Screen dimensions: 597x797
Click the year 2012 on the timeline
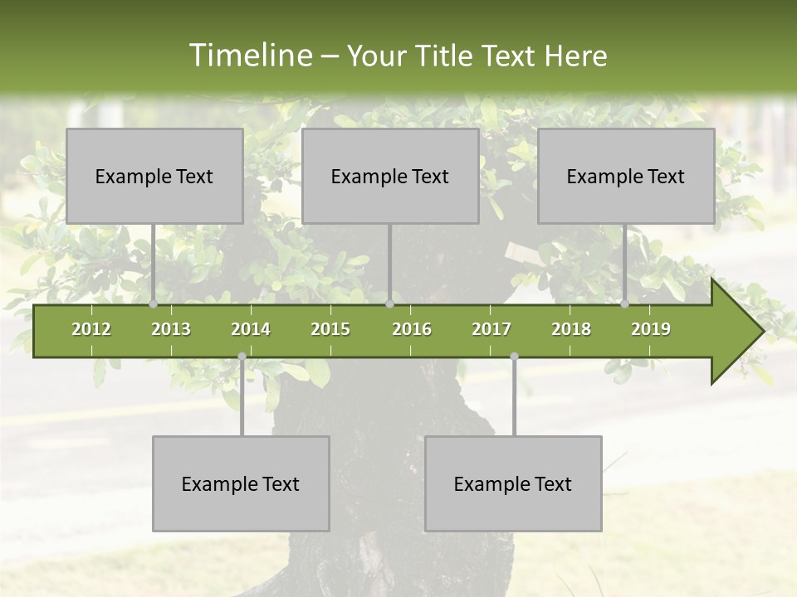[91, 329]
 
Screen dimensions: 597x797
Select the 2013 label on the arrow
[171, 329]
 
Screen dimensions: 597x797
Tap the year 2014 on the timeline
[251, 329]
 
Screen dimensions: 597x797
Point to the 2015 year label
[330, 329]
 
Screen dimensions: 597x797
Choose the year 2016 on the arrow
[412, 329]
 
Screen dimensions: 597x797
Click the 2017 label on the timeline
[491, 329]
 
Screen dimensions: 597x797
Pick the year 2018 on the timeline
[571, 329]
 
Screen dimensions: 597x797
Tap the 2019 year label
[651, 329]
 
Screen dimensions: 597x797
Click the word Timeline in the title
[249, 56]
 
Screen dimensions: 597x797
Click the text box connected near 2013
[154, 176]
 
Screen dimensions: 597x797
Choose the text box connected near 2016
[390, 176]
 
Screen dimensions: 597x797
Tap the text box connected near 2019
[626, 176]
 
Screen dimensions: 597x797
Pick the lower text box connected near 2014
[241, 483]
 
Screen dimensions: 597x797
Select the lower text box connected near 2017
[513, 483]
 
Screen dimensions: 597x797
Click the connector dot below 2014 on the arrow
[242, 356]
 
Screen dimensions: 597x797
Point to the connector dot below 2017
[514, 356]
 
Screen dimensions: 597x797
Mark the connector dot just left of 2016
[390, 304]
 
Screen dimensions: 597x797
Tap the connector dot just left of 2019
[625, 304]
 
